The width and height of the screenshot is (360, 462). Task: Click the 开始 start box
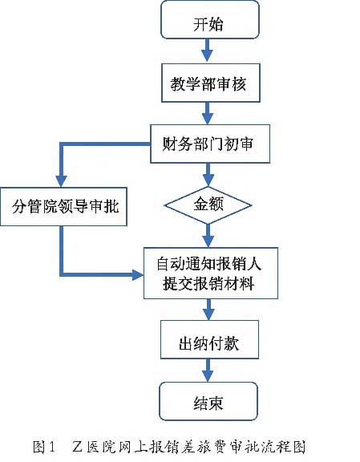click(210, 19)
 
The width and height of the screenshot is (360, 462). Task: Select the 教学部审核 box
click(210, 83)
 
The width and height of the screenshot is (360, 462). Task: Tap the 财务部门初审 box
click(210, 144)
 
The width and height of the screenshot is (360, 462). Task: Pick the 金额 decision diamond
click(208, 205)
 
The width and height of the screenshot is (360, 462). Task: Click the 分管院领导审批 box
click(63, 207)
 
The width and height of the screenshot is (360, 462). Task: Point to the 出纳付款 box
click(209, 339)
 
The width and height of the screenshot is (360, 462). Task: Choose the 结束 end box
click(208, 401)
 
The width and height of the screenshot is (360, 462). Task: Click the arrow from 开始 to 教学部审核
click(207, 50)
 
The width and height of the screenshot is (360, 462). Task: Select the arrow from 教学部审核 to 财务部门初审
click(208, 113)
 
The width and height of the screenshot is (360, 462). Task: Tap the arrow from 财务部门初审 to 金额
click(208, 174)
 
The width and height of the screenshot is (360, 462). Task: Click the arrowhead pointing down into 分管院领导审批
click(61, 181)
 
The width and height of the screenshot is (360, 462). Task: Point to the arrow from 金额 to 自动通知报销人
click(208, 236)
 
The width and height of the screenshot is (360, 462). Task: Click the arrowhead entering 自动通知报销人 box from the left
click(138, 274)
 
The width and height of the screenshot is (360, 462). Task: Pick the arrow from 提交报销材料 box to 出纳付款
click(209, 310)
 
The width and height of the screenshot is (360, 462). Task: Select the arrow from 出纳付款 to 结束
click(208, 371)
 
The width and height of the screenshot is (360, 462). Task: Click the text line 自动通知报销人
click(209, 264)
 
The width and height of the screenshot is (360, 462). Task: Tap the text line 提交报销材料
click(208, 283)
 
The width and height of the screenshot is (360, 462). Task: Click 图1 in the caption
click(44, 447)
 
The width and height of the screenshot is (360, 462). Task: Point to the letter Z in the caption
click(77, 447)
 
